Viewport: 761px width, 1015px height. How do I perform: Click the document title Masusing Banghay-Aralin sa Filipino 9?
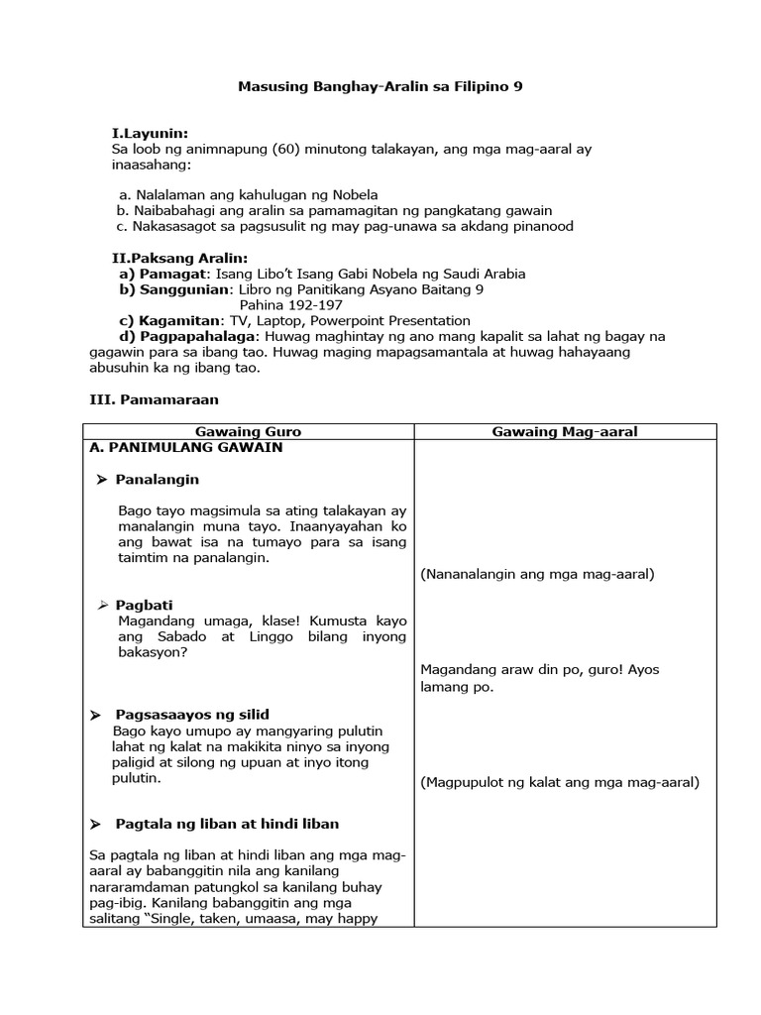(380, 87)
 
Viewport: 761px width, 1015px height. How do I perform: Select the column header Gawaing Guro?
(249, 432)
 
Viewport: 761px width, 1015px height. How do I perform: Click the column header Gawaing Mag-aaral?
(565, 432)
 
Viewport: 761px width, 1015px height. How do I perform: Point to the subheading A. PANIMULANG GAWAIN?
(185, 448)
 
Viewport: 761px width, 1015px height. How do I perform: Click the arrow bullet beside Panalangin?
(101, 480)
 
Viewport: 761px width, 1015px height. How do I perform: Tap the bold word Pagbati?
(144, 605)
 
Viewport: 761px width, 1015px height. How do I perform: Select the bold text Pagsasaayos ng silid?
(192, 715)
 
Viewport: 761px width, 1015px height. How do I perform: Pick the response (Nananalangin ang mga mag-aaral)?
(537, 574)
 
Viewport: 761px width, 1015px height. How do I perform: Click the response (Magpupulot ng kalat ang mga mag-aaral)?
(560, 782)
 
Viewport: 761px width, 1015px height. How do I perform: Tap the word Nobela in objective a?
(356, 194)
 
